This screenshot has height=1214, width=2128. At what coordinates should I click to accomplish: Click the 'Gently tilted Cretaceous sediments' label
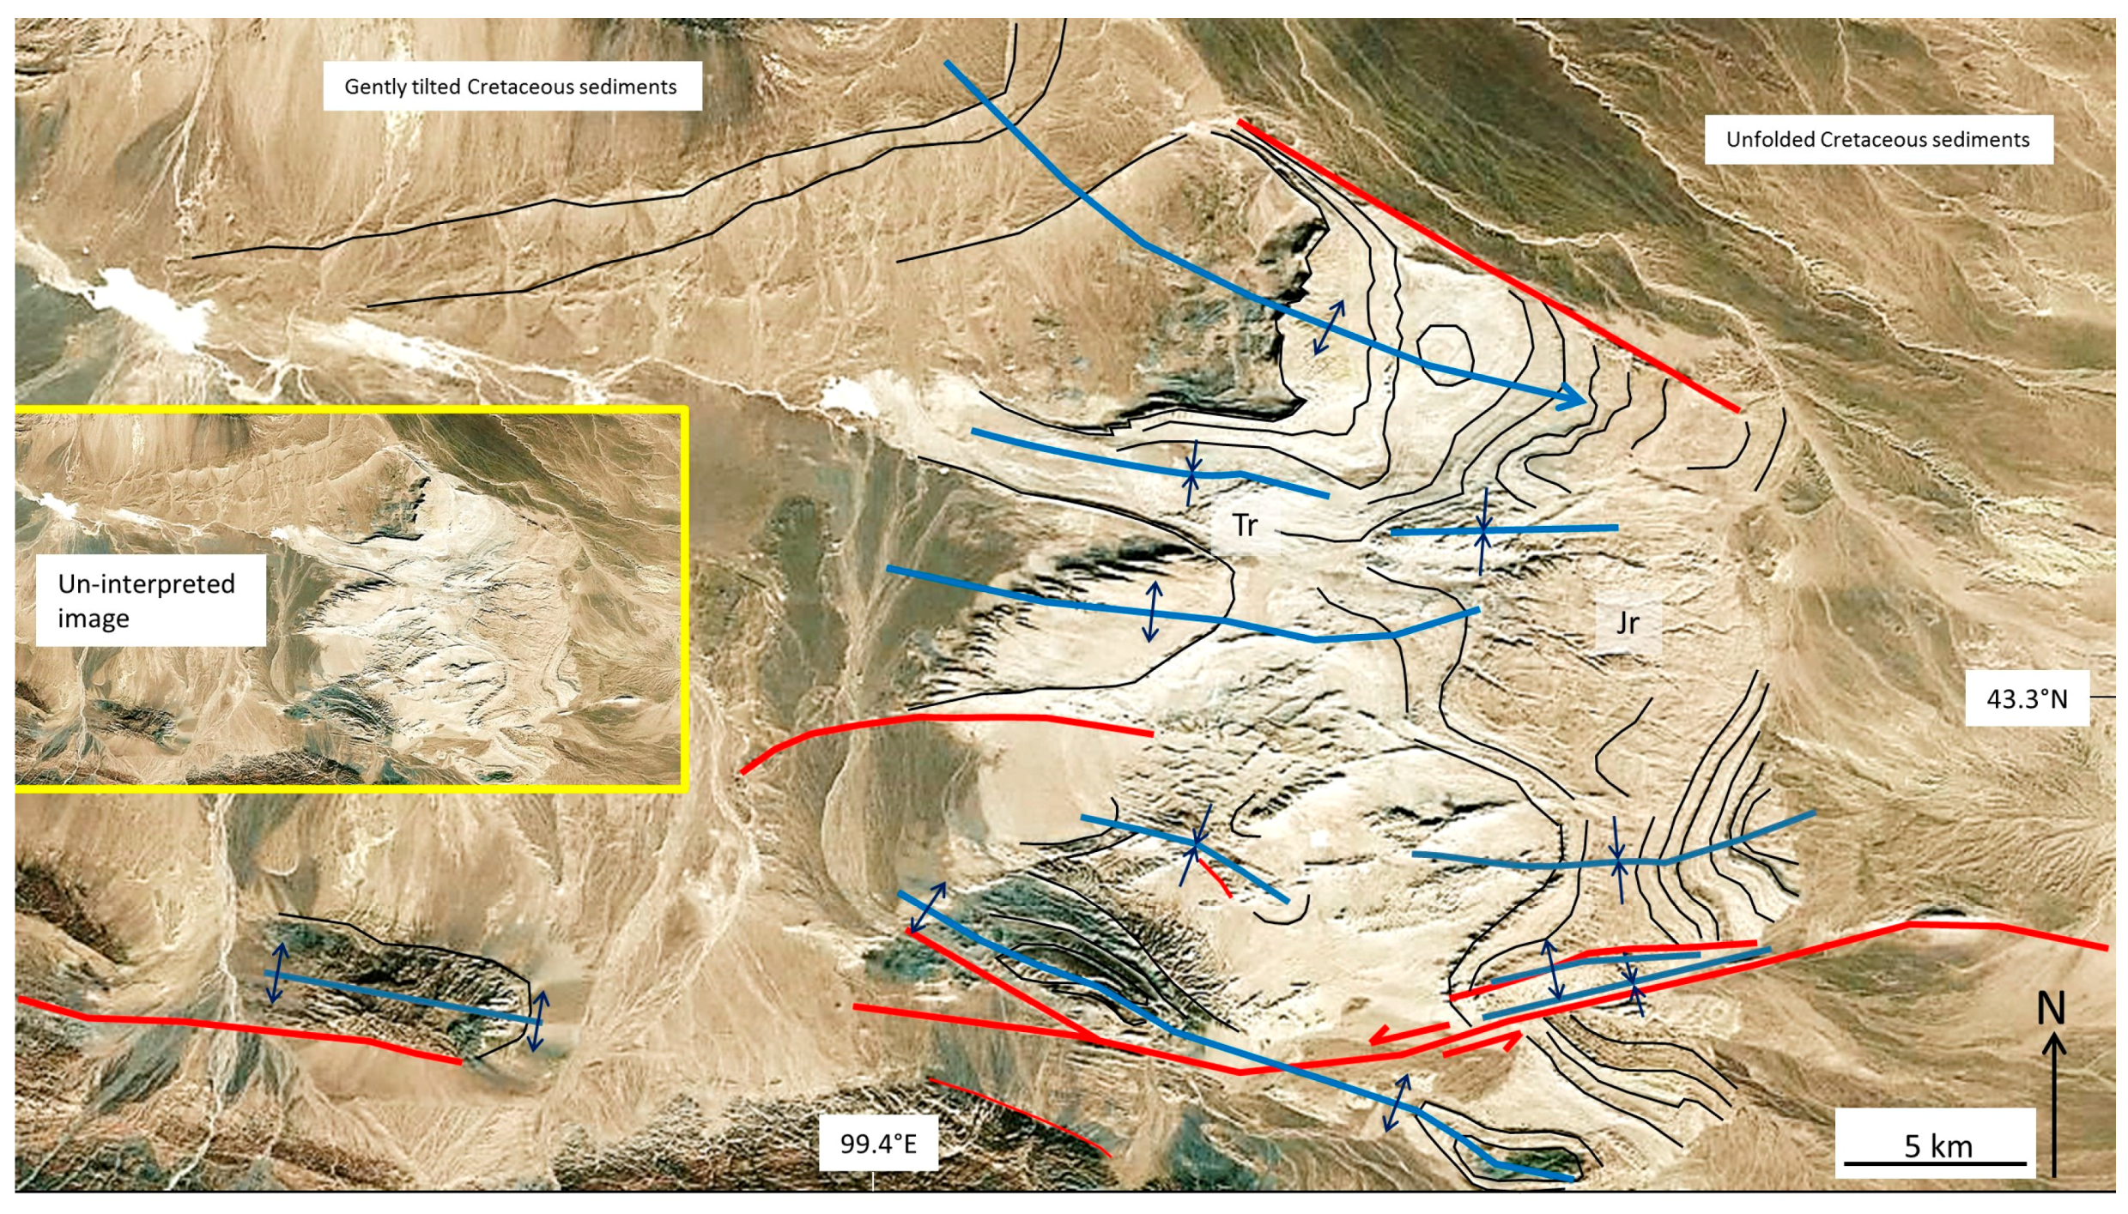511,87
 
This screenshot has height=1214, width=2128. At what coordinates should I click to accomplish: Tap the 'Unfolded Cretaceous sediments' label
1877,140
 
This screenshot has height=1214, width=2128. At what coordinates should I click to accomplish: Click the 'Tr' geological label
1245,525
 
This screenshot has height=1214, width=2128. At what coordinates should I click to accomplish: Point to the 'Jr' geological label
1627,622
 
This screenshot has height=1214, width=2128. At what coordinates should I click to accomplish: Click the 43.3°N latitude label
2026,699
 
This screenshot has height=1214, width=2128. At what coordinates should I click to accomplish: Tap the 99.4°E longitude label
877,1144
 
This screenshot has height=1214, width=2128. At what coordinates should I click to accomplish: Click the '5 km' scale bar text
1938,1146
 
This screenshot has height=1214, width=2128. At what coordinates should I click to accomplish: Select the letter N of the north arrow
2051,1008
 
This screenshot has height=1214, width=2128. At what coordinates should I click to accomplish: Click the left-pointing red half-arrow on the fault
1408,1033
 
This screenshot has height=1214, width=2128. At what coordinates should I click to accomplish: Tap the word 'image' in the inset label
93,619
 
